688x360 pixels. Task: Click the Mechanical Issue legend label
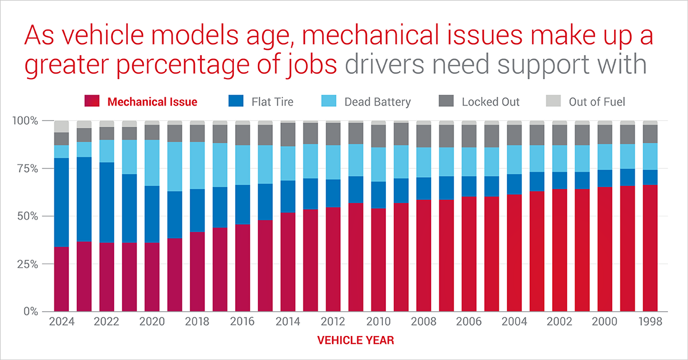152,102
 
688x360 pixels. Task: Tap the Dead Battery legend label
377,102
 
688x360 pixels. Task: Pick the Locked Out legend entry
490,102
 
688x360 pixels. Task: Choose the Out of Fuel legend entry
596,102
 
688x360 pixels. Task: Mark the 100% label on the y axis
25,121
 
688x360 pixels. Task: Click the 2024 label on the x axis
61,322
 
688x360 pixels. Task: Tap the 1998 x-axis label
650,322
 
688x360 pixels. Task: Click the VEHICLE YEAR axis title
355,341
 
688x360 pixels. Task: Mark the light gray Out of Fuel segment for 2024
61,127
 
